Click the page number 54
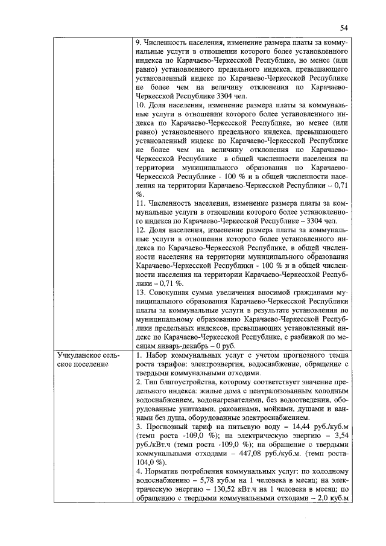[344, 27]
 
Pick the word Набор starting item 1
[156, 356]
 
